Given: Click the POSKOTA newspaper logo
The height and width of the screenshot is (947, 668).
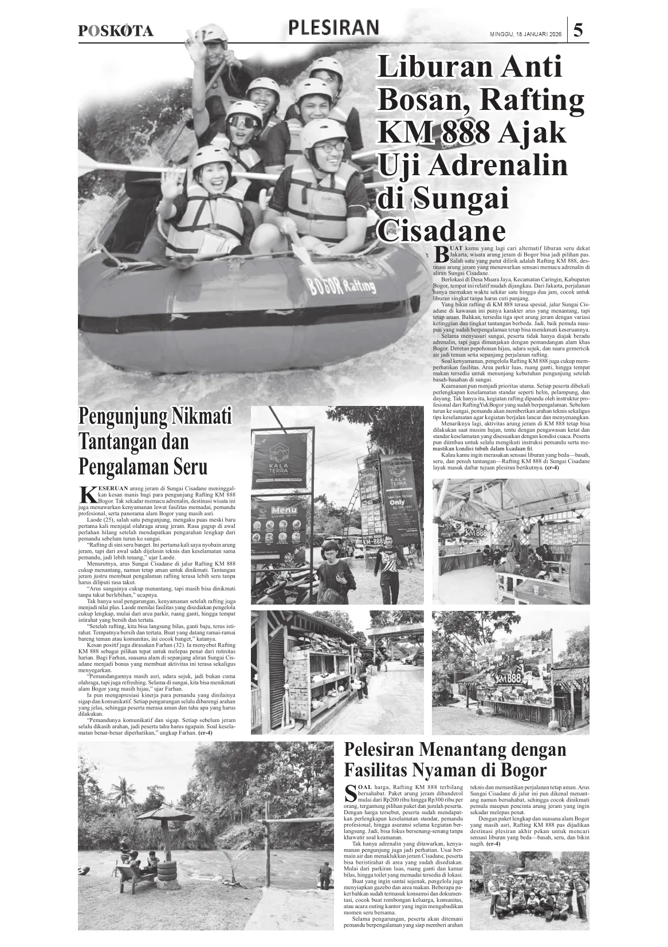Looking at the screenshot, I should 116,31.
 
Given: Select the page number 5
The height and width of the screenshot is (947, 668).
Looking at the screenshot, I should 578,30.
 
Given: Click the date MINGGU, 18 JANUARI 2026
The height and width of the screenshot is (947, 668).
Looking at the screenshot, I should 525,34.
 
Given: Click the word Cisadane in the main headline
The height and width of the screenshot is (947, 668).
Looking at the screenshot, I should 442,231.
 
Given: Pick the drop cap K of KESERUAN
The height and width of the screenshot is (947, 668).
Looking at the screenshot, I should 87,493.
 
